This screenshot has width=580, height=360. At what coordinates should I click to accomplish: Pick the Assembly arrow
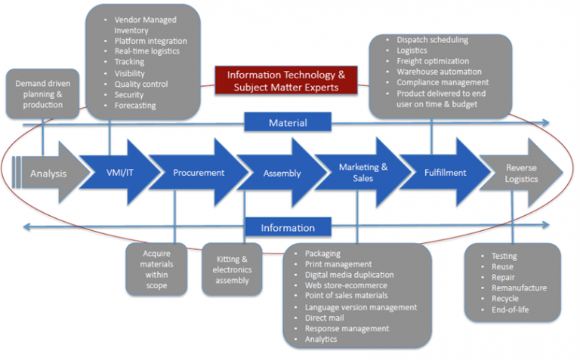tap(282, 173)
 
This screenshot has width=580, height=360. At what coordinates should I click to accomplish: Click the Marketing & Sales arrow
tap(363, 173)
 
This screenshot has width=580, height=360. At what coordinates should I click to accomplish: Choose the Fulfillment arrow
tap(446, 173)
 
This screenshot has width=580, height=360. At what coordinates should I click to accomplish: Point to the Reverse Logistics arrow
tap(521, 173)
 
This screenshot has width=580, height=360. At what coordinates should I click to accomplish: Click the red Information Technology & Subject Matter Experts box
tap(286, 81)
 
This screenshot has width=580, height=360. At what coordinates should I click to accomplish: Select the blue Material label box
tap(288, 122)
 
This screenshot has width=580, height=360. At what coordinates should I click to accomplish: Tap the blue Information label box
tap(288, 227)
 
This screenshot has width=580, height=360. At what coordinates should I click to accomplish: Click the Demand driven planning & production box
tap(43, 94)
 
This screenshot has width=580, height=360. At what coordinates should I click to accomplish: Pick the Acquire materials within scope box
tap(156, 269)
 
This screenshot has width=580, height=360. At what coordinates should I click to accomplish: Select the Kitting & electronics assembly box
tap(232, 269)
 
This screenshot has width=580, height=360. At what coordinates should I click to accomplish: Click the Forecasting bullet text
tap(135, 106)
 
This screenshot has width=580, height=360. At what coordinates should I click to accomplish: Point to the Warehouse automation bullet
tap(439, 72)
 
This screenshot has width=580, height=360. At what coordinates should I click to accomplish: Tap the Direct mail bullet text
tap(325, 318)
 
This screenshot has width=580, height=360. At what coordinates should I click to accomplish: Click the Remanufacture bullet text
tap(519, 288)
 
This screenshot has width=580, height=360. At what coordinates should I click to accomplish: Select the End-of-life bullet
tap(510, 309)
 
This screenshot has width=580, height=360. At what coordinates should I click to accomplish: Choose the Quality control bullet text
tap(141, 85)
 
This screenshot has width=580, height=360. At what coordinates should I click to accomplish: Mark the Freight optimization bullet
tap(433, 61)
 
